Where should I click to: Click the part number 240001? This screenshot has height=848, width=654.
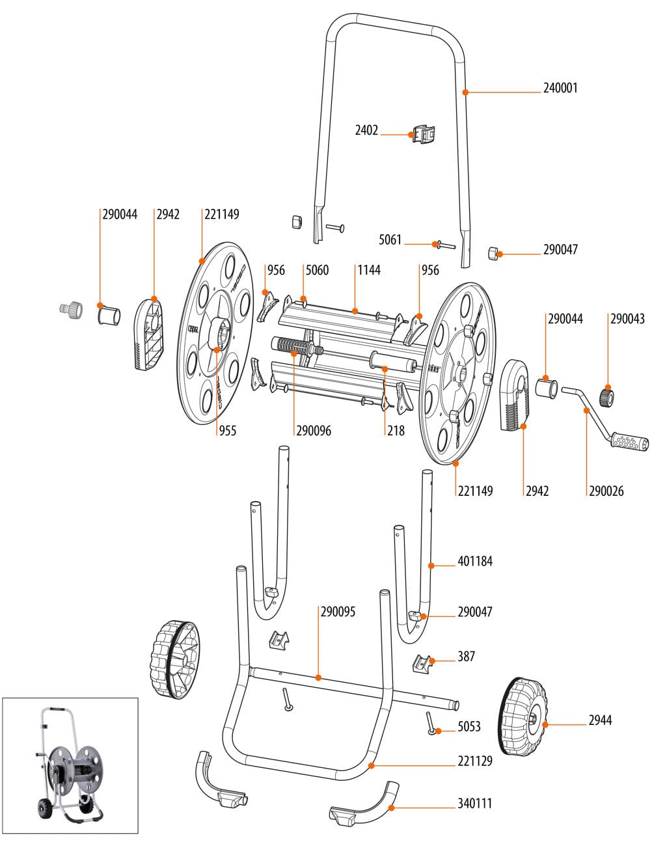click(560, 89)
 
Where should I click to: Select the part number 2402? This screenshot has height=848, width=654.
click(366, 131)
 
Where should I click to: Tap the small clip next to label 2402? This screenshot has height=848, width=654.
click(422, 135)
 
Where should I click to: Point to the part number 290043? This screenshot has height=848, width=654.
click(627, 319)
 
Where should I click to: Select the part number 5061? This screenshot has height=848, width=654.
click(390, 240)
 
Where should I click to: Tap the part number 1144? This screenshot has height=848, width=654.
click(368, 270)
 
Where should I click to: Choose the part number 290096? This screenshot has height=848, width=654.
click(313, 431)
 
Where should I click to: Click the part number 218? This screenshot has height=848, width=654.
click(395, 431)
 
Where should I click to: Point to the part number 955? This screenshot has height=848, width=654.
click(227, 431)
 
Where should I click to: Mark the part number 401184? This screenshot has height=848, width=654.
click(474, 561)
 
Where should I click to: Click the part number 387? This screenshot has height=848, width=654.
click(466, 657)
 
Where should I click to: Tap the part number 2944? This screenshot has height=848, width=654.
click(600, 720)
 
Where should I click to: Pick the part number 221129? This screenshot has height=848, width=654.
click(474, 761)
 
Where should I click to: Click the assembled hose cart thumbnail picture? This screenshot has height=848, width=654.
click(70, 765)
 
